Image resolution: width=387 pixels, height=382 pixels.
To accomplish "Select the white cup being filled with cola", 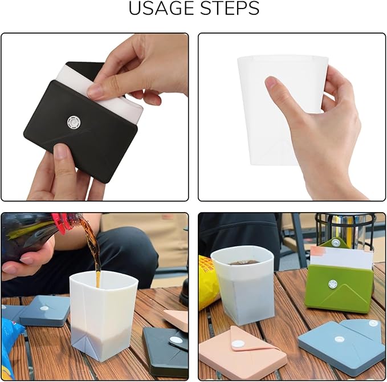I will tap(103, 314).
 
